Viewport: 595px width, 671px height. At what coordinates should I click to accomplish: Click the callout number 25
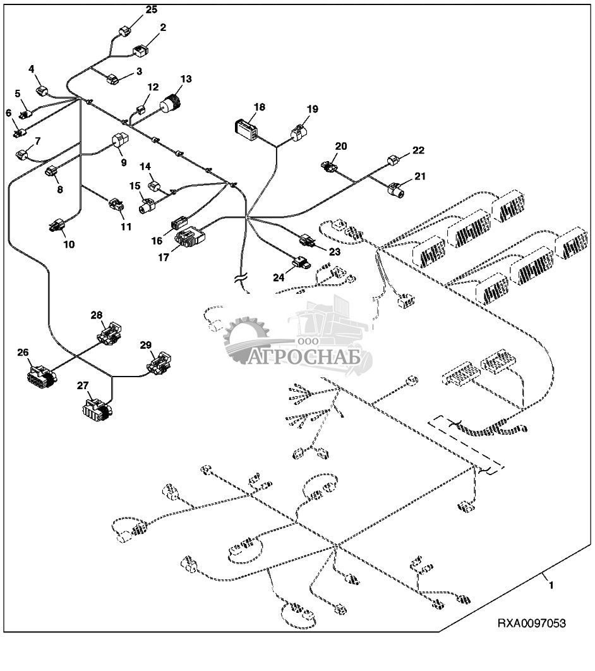click(x=152, y=9)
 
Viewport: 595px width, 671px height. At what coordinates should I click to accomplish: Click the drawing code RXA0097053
click(x=531, y=624)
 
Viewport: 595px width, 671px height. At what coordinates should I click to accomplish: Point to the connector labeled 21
click(x=397, y=188)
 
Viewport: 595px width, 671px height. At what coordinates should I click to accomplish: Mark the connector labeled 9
click(x=119, y=140)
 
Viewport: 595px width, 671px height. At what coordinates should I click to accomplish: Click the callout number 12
click(x=153, y=87)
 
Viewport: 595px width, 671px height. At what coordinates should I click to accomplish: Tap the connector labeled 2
click(x=140, y=49)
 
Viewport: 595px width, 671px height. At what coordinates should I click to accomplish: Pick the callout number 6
click(x=9, y=113)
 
